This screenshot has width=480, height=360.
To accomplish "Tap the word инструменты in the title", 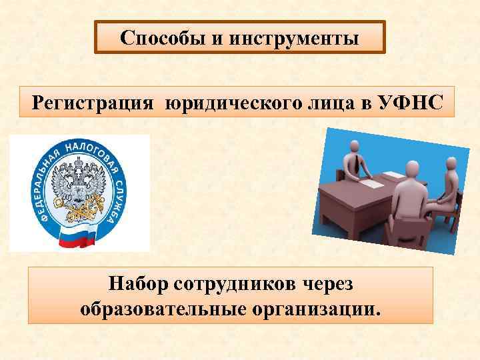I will point(295,38).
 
